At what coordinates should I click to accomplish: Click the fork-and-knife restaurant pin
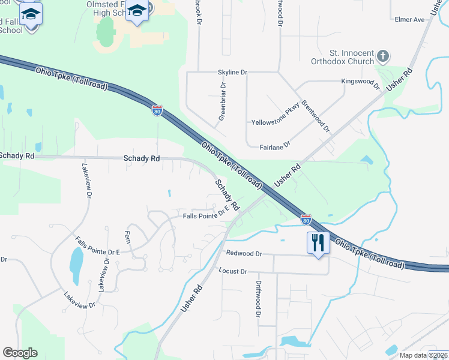(x=318, y=243)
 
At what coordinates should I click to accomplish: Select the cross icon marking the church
(x=382, y=57)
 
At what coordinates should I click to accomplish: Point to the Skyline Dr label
(x=232, y=72)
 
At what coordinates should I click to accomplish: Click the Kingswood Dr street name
(x=360, y=82)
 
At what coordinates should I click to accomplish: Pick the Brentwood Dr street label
(x=316, y=116)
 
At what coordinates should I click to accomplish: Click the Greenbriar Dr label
(x=222, y=101)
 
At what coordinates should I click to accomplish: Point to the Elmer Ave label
(x=410, y=20)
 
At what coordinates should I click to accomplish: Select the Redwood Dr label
(x=244, y=254)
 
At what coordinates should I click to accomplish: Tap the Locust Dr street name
(x=233, y=271)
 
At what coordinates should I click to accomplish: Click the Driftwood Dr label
(x=259, y=298)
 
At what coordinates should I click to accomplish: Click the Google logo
(x=20, y=353)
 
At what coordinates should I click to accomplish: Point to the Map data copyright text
(x=423, y=355)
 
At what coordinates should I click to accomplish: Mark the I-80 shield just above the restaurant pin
(x=306, y=220)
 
